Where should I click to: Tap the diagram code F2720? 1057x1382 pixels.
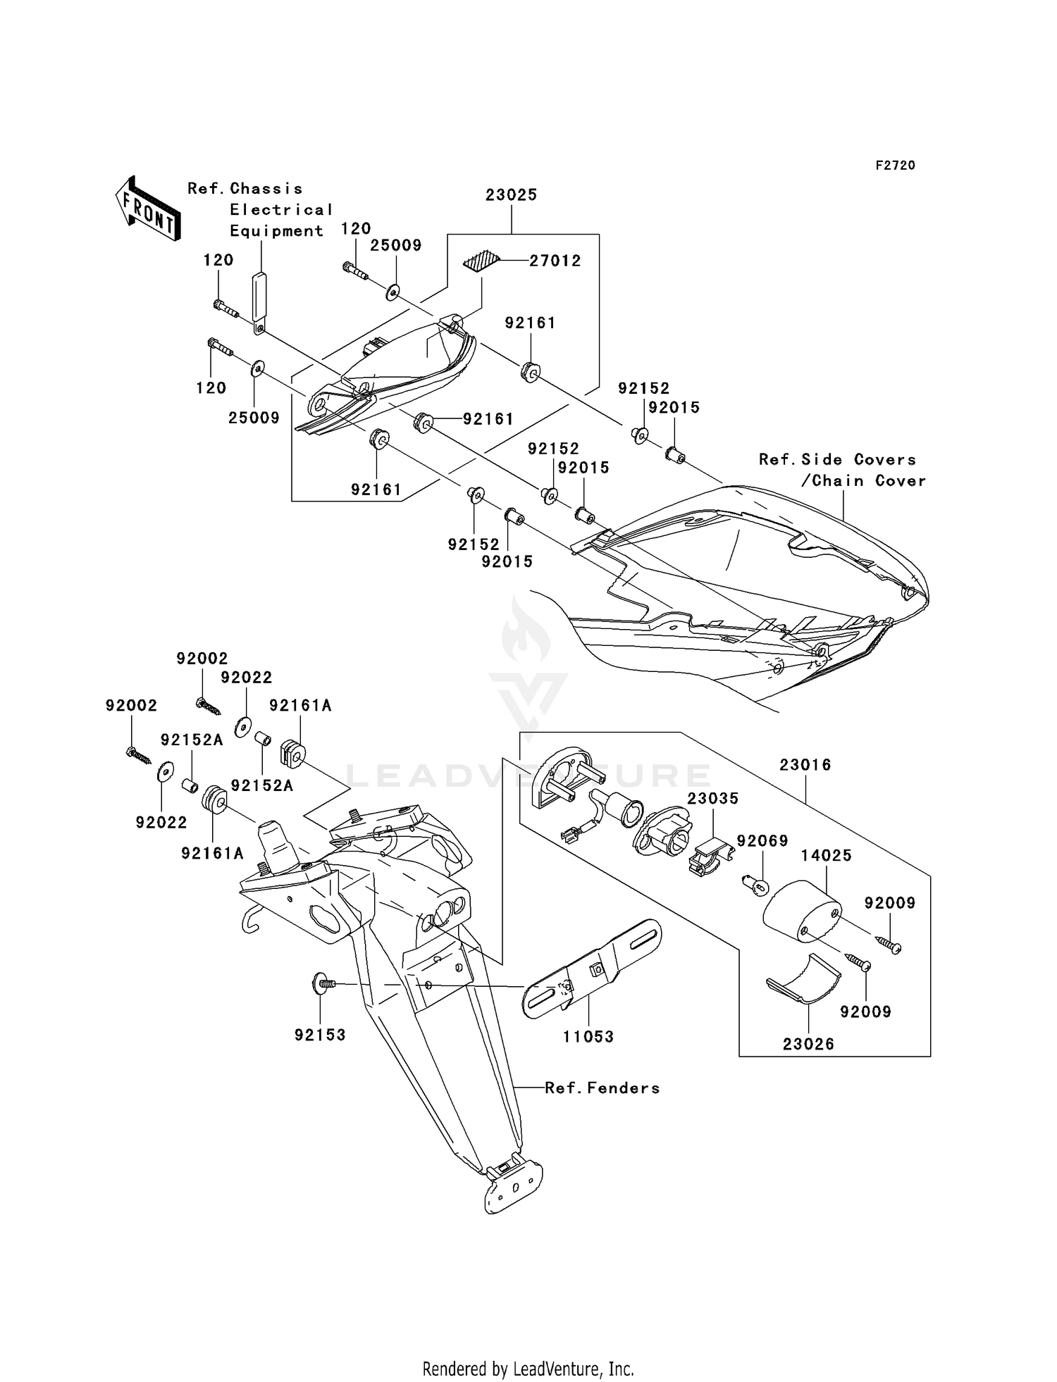click(896, 166)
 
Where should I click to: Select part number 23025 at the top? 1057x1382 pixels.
click(511, 195)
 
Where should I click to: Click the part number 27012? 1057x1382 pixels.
click(555, 261)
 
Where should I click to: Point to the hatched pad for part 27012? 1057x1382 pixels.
click(481, 261)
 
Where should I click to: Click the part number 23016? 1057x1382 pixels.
click(805, 765)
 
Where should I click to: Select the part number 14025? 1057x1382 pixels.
click(827, 856)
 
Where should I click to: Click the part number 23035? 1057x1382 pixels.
click(713, 799)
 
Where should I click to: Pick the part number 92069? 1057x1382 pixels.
click(762, 841)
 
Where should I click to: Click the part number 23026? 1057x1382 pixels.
click(808, 1045)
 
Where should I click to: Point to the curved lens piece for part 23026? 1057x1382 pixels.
click(803, 978)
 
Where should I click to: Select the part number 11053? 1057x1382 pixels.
click(588, 1037)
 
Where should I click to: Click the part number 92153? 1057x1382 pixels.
click(321, 1035)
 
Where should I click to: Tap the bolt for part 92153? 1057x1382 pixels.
click(323, 983)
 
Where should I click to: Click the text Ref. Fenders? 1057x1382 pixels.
click(602, 1088)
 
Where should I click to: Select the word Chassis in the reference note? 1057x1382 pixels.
click(266, 189)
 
